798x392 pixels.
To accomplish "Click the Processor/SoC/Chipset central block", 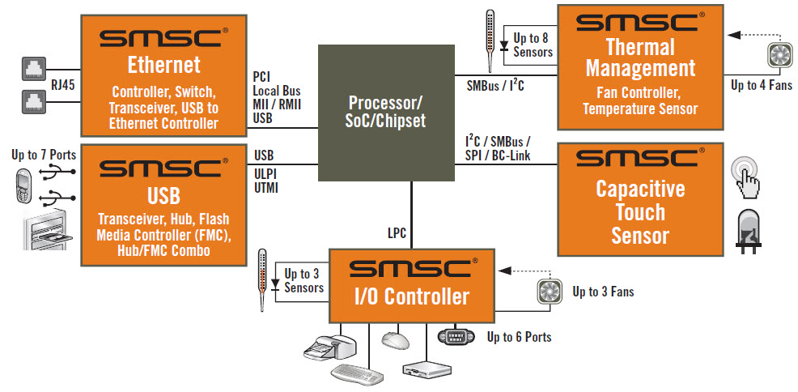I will [384, 113].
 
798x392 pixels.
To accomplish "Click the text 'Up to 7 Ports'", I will [42, 154].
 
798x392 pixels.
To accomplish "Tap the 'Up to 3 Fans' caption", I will [603, 292].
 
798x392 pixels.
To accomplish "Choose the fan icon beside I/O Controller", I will [550, 291].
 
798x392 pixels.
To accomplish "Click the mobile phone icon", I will [23, 187].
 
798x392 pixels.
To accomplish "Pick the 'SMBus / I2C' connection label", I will [496, 83].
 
